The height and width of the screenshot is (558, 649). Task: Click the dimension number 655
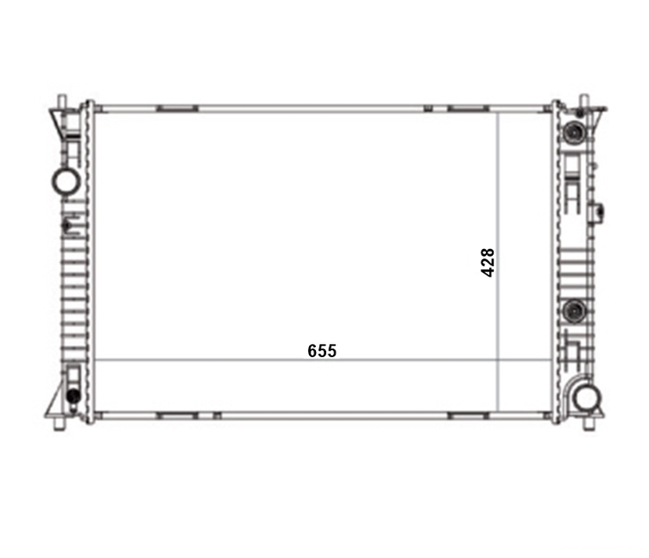click(322, 351)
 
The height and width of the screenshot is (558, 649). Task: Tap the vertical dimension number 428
click(488, 263)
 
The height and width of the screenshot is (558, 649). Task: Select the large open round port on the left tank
click(66, 182)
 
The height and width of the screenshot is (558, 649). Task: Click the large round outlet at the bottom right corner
click(587, 398)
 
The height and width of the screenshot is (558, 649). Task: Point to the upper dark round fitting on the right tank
click(574, 131)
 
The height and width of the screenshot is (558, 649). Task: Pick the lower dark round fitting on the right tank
click(575, 311)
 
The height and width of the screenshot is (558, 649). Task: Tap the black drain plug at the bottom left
click(73, 396)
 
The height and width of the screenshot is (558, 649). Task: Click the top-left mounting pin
click(62, 102)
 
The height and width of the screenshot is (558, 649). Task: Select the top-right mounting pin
click(584, 102)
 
